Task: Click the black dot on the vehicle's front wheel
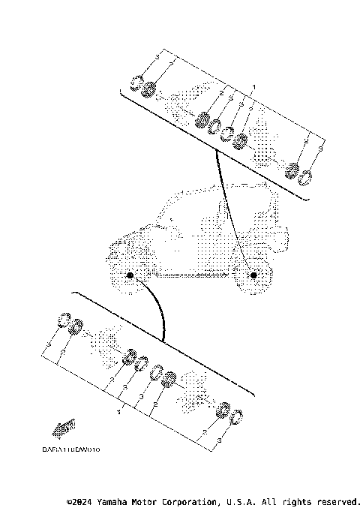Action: coord(130,276)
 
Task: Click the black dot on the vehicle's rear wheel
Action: coord(253,276)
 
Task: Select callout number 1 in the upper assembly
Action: coord(254,88)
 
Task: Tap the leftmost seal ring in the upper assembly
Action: coord(136,83)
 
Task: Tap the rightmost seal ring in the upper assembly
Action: coord(305,178)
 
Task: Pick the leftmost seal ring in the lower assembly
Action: coord(65,320)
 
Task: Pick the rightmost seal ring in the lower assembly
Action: coord(235,417)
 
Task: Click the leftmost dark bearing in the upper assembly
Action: coord(148,90)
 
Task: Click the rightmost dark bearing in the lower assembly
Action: coord(223,410)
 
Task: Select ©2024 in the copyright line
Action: coord(80,500)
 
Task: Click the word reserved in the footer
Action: coord(338,500)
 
